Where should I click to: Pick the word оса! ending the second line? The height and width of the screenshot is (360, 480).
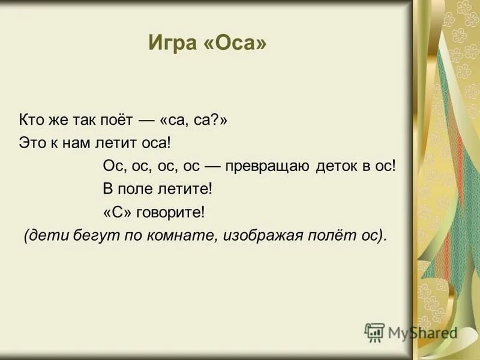157,143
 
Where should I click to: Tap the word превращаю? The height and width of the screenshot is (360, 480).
268,166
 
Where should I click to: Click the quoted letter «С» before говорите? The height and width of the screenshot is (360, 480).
117,212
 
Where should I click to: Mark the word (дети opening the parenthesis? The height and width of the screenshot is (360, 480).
43,235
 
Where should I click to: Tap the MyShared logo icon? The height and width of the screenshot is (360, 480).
374,332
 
